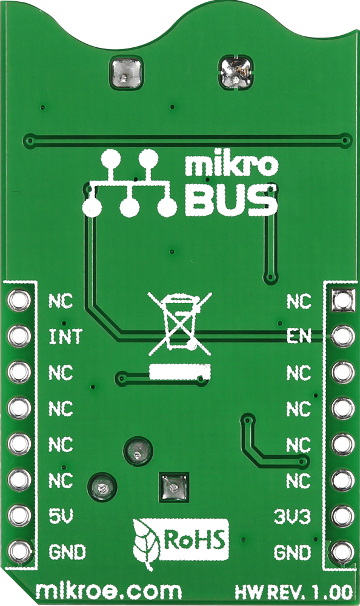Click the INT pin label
click(65, 336)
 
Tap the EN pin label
click(299, 336)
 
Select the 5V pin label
click(61, 516)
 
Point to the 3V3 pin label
click(292, 516)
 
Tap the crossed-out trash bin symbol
click(180, 323)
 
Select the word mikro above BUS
click(232, 165)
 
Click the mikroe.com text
click(108, 591)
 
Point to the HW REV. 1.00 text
click(293, 591)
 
